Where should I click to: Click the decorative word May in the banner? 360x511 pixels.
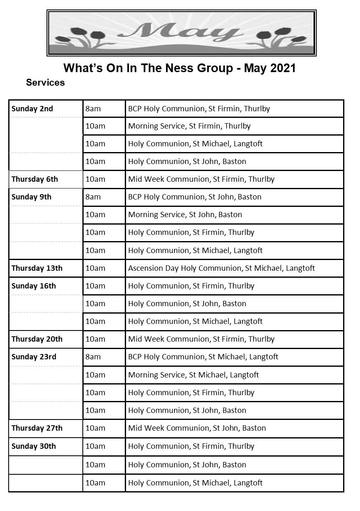(181, 33)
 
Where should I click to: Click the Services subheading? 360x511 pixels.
(45, 82)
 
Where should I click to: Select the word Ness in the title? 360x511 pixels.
(174, 68)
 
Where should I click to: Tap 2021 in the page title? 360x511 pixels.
(283, 68)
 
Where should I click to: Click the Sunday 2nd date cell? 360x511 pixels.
(33, 109)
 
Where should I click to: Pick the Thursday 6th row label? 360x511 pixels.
(35, 179)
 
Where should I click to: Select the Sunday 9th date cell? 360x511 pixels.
(32, 197)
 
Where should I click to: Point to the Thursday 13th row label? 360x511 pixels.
(37, 268)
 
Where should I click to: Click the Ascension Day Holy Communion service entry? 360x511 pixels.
(222, 268)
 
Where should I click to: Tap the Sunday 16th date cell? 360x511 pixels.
(34, 286)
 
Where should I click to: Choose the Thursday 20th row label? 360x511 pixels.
(37, 339)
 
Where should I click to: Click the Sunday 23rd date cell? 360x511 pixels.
(34, 357)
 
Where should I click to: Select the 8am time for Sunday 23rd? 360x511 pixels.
(93, 357)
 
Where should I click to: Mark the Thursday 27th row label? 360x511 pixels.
(37, 428)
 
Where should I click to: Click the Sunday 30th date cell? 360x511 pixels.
(34, 446)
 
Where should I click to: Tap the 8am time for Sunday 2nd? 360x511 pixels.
(93, 109)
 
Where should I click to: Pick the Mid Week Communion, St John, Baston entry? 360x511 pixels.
(197, 428)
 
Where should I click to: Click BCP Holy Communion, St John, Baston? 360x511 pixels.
(195, 197)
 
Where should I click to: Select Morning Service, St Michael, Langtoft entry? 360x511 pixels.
(194, 375)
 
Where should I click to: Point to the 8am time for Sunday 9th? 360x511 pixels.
(93, 197)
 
